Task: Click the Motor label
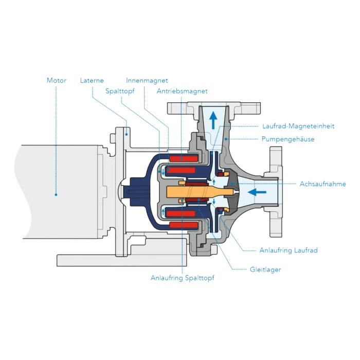tap(57, 80)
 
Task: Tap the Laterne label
tap(92, 80)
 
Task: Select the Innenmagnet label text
tap(147, 80)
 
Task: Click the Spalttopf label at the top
tap(120, 91)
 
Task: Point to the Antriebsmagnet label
tap(182, 91)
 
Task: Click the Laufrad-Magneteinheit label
tap(298, 126)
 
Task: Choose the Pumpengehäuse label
tap(288, 139)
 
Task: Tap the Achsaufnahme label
tap(323, 184)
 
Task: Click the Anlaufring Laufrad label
tap(289, 250)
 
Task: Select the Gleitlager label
tap(265, 269)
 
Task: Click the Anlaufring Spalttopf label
tap(182, 278)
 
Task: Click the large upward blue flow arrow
tap(213, 120)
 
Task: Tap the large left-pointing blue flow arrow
tap(257, 192)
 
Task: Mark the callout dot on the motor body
tap(56, 195)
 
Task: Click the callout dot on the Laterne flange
tap(127, 134)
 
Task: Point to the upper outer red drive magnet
tap(184, 158)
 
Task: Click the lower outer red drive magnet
tap(184, 225)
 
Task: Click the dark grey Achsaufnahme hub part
tap(232, 191)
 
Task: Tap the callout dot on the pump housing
tap(226, 139)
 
